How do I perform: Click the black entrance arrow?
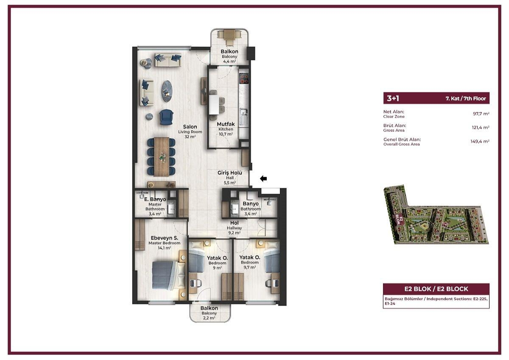coord(263,179)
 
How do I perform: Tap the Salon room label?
coord(190,127)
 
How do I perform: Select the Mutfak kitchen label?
coord(226,124)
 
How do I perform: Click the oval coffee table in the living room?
coord(167,91)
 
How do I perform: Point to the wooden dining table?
coord(161,156)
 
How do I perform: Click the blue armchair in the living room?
coord(166,117)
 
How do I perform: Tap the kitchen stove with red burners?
coord(244,78)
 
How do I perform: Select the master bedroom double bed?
coord(168,275)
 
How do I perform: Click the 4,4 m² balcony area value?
coord(229,61)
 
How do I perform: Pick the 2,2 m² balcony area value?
coord(209,318)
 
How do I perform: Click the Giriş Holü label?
coord(230,173)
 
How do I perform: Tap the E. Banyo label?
coord(155,199)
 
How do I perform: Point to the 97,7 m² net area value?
coord(481,114)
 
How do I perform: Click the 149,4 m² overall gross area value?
coord(480,141)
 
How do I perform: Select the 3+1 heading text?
coord(393,98)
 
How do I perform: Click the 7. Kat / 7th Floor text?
coord(466,98)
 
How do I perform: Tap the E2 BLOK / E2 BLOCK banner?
coord(436,289)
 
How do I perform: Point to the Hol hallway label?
coord(234,223)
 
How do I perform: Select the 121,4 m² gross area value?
coord(481,127)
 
